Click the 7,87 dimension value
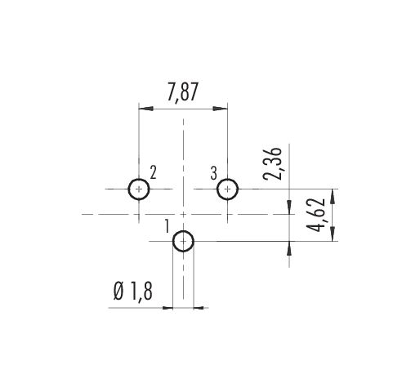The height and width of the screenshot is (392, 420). tap(182, 92)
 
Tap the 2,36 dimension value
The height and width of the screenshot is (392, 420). tap(272, 163)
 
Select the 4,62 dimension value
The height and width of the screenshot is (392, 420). tap(315, 215)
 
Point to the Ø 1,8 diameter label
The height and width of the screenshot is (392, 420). tap(132, 291)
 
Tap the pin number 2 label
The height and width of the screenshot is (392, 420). tap(154, 172)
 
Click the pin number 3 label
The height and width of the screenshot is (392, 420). tap(214, 173)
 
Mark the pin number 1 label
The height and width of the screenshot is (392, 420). tap(168, 226)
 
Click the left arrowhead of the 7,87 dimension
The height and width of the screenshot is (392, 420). tap(146, 109)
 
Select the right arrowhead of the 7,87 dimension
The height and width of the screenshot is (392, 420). tap(220, 109)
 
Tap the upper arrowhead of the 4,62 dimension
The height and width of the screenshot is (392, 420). tap(333, 196)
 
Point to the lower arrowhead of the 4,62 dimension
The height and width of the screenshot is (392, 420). tap(333, 234)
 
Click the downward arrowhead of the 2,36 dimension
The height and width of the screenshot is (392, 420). tap(289, 207)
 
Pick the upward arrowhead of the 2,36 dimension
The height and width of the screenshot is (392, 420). tap(289, 248)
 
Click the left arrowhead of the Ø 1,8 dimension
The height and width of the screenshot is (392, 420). tap(168, 308)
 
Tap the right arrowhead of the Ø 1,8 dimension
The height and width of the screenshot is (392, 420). tap(199, 308)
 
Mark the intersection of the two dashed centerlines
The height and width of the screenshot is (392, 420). tap(183, 215)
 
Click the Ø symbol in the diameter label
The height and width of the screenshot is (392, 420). tap(118, 291)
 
